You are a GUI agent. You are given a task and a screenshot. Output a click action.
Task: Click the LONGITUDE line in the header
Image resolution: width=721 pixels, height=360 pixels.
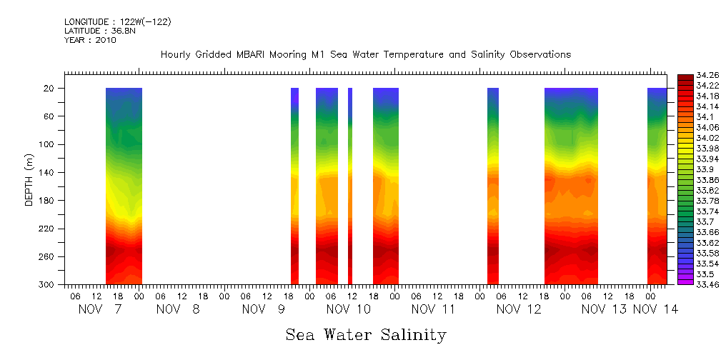tap(117, 22)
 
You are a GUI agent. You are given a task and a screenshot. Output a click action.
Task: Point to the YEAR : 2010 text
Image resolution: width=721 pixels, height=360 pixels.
tap(90, 40)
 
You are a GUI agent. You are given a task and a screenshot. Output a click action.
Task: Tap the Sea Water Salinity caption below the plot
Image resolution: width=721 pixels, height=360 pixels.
tap(366, 334)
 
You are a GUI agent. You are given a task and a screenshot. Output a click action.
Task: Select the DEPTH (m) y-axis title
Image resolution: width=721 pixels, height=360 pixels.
tap(29, 179)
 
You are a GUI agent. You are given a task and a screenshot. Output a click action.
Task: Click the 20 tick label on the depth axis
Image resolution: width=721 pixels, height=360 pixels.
tap(51, 89)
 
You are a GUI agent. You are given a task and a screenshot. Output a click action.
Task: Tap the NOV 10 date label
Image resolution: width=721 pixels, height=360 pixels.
tap(348, 309)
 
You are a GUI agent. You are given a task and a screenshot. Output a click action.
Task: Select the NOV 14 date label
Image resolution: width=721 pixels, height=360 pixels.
tap(655, 309)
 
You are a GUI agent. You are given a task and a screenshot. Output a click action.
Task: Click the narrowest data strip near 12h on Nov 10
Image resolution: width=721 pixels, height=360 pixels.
tap(350, 186)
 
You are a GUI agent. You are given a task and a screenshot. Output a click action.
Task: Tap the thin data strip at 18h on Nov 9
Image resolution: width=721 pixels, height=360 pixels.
tap(294, 186)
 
